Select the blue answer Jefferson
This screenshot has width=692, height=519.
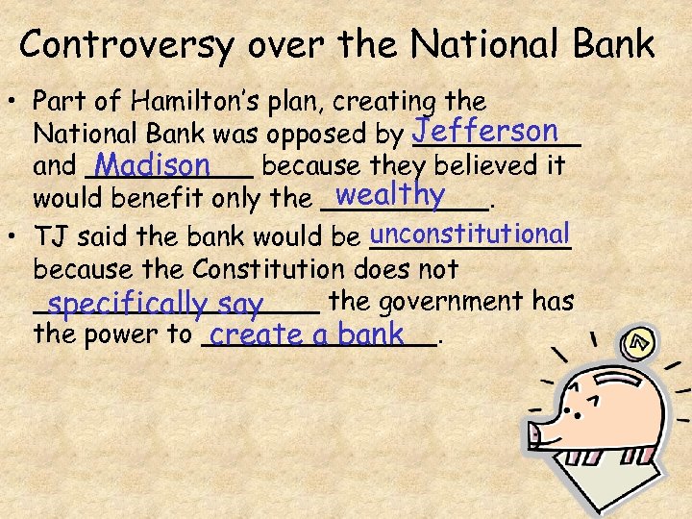tap(485, 130)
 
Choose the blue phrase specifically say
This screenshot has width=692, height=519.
tap(155, 306)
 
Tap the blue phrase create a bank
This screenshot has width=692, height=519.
tap(307, 334)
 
